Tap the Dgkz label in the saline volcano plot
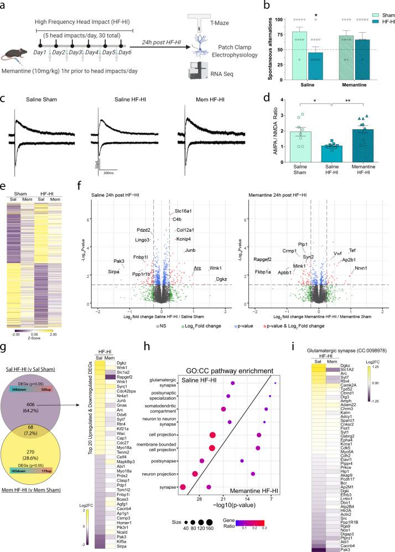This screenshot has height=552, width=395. click(x=221, y=279)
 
